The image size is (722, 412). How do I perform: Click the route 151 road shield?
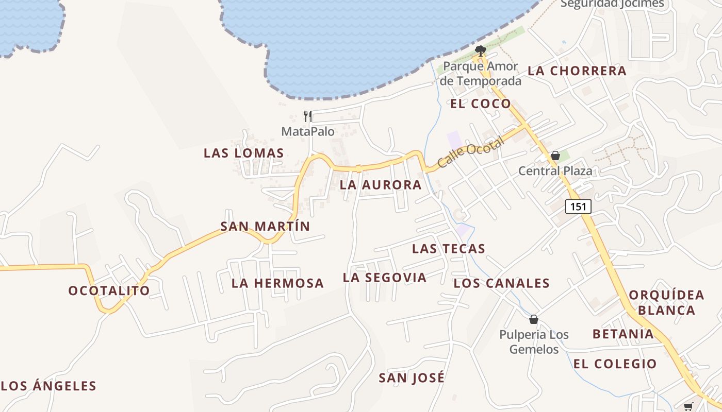click(578, 207)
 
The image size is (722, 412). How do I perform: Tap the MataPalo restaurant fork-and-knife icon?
click(308, 116)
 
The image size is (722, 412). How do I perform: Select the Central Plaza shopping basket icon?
click(555, 156)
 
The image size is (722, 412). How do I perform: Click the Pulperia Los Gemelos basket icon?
click(534, 319)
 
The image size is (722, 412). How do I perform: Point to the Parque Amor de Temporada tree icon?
click(480, 50)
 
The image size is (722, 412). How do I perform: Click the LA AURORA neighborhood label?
click(381, 185)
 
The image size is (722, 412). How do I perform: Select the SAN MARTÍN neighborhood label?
click(265, 226)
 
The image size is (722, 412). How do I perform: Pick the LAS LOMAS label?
click(243, 153)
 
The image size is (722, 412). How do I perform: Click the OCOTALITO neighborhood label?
click(109, 290)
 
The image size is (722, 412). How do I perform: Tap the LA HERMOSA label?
click(277, 283)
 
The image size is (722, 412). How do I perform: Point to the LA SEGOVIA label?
click(385, 278)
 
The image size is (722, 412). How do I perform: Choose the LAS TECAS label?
click(449, 249)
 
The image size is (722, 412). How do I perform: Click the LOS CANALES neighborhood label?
click(501, 283)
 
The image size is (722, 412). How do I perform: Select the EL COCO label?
click(480, 104)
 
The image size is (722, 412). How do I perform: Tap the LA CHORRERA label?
click(577, 71)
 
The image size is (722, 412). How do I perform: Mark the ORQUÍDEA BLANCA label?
click(666, 302)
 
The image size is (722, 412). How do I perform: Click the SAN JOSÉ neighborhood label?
click(412, 377)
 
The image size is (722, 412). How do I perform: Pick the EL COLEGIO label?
click(615, 364)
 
